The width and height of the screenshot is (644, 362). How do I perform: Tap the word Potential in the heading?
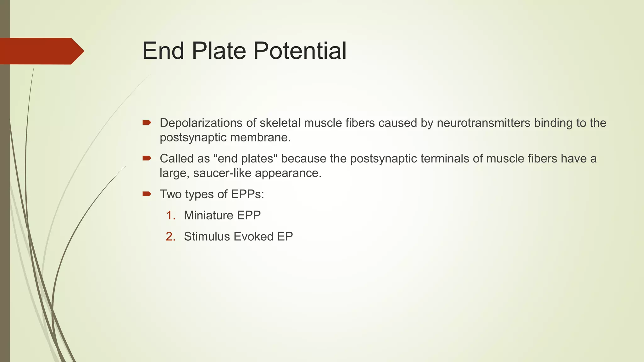[x=300, y=51]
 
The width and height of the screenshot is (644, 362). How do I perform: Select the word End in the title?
[x=163, y=51]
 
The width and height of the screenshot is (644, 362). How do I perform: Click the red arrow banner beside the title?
[x=41, y=51]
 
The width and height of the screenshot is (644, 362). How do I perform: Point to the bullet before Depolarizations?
[x=147, y=122]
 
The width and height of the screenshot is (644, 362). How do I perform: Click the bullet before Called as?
[x=147, y=158]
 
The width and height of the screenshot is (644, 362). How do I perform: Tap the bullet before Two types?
[x=147, y=194]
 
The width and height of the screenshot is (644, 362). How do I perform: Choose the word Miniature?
[x=208, y=215]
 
